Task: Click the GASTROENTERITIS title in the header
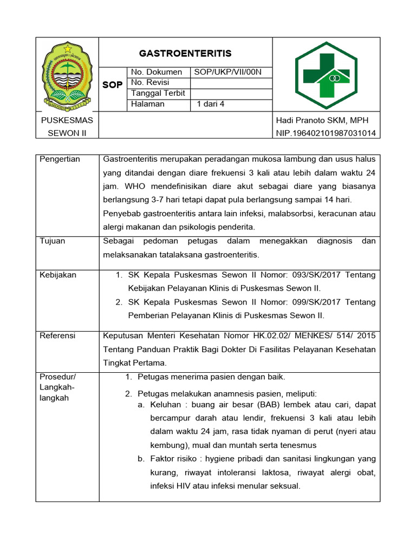(185, 53)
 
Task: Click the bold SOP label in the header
(113, 85)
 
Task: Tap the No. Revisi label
(152, 82)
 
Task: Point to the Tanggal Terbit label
(158, 93)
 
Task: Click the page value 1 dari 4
(211, 104)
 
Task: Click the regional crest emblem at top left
(68, 74)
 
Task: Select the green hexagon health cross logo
(326, 75)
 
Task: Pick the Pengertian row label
(60, 159)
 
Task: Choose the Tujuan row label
(53, 241)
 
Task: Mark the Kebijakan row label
(58, 275)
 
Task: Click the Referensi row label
(58, 336)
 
